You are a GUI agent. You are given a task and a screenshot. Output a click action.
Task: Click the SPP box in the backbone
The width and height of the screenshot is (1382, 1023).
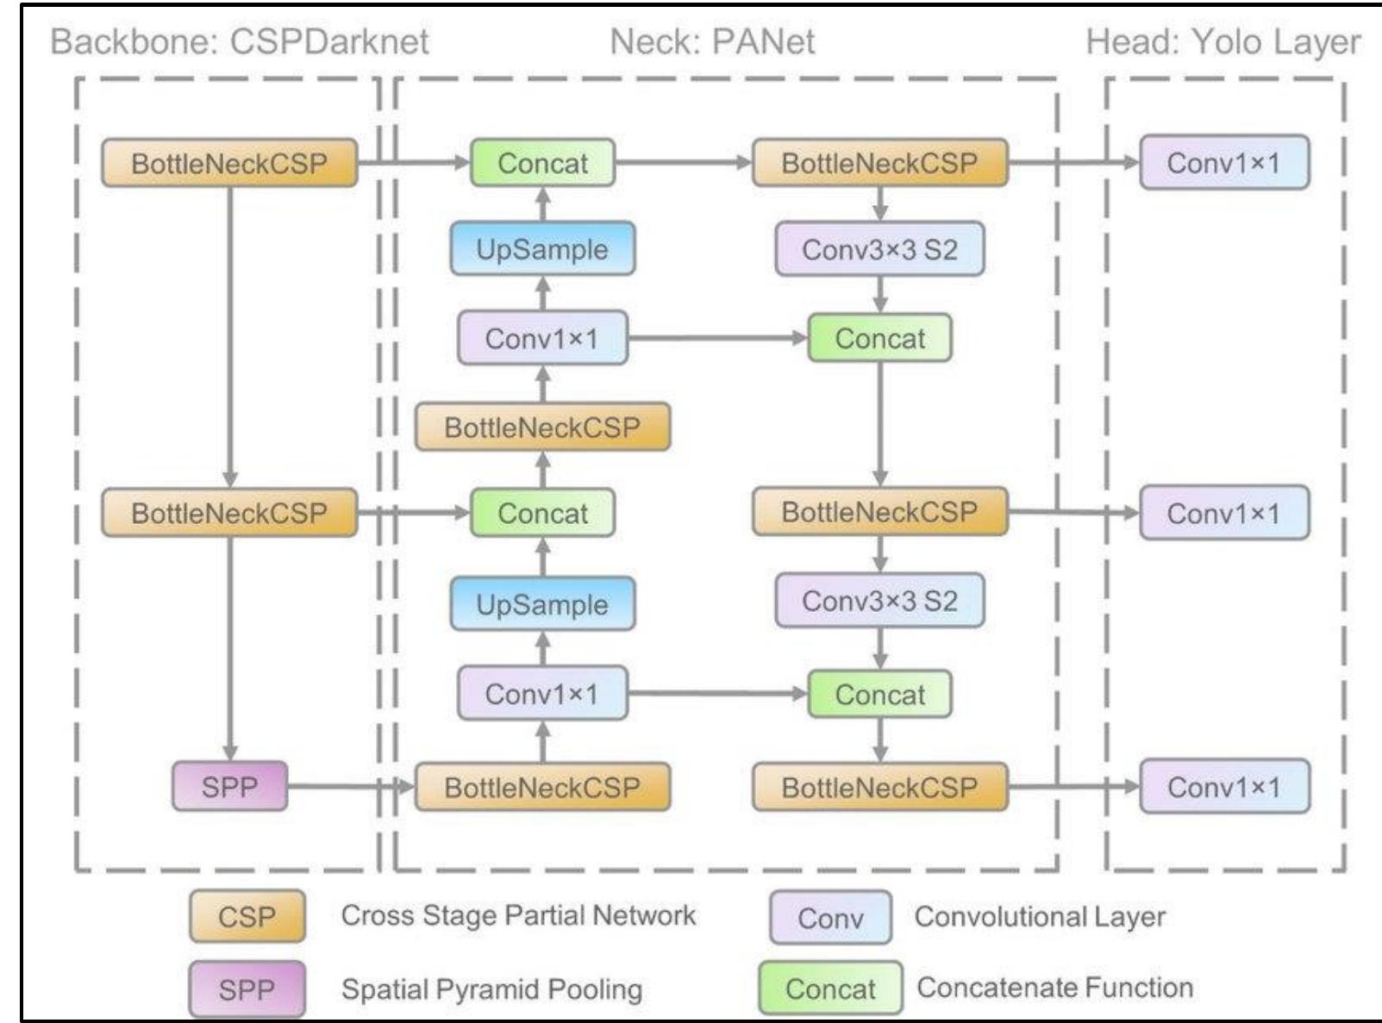229,786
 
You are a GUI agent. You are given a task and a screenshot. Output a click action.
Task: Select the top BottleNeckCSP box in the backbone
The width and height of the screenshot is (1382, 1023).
229,163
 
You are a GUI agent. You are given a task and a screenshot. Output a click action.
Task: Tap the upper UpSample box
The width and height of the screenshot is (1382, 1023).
542,249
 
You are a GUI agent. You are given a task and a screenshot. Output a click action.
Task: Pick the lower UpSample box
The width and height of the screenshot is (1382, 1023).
542,604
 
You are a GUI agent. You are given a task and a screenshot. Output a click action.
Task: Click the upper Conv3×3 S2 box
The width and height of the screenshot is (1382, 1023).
879,249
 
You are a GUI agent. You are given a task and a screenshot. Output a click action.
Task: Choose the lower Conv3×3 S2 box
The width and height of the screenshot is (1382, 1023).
879,600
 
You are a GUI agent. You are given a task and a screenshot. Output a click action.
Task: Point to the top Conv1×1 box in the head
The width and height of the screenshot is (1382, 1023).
1223,162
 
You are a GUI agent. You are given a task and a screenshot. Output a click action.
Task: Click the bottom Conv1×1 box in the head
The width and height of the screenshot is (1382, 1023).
1223,786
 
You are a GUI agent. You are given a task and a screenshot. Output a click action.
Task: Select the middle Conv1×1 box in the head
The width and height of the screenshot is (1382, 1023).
1223,513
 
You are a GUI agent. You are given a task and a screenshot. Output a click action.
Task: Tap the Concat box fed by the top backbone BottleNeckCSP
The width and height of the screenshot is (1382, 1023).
542,163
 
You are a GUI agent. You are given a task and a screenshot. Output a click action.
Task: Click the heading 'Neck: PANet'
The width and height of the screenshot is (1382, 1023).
712,41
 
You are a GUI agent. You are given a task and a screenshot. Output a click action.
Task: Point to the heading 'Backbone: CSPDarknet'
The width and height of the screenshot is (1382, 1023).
240,41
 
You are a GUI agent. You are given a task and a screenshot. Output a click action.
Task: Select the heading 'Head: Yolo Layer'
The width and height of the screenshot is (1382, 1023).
1223,41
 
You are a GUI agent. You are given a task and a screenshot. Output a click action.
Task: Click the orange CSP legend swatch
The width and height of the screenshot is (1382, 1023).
247,916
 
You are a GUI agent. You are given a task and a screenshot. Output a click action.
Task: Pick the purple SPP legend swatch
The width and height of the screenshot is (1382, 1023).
247,989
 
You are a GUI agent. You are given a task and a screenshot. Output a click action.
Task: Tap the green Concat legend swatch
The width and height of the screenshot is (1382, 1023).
830,989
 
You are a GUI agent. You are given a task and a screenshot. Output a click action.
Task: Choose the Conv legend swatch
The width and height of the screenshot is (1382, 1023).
830,917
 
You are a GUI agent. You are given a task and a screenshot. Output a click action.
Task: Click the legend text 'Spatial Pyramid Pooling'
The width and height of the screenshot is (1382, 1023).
491,989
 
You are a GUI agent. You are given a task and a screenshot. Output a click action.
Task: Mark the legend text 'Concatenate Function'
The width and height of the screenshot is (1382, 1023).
1054,987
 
